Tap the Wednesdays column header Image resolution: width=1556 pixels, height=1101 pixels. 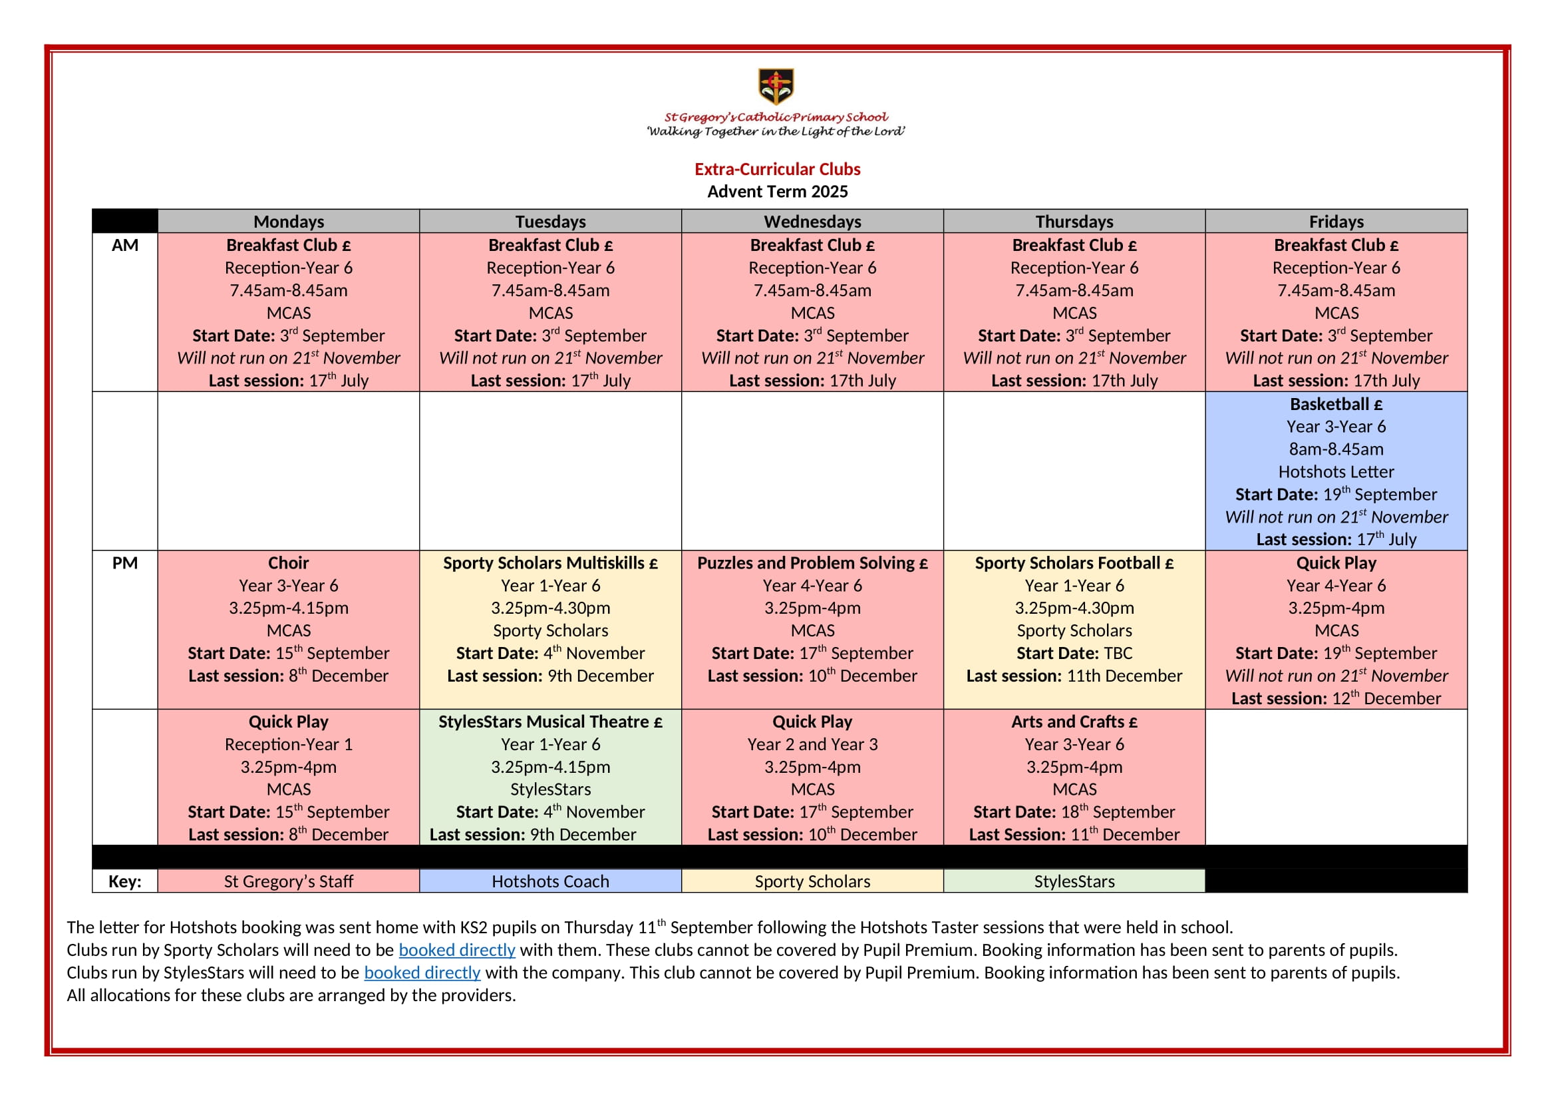pyautogui.click(x=812, y=222)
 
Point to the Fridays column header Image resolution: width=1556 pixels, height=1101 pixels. pyautogui.click(x=1336, y=222)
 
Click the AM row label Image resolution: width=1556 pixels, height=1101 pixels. pyautogui.click(x=124, y=246)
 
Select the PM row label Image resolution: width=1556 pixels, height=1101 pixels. pyautogui.click(x=124, y=563)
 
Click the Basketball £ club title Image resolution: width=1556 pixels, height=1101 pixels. pyautogui.click(x=1336, y=405)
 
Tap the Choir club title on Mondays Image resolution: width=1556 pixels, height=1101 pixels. pyautogui.click(x=288, y=563)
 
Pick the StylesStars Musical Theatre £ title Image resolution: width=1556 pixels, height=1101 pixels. pyautogui.click(x=550, y=722)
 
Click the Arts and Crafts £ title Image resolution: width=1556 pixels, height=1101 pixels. pyautogui.click(x=1074, y=722)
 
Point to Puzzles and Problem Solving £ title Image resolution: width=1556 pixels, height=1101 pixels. pyautogui.click(x=812, y=563)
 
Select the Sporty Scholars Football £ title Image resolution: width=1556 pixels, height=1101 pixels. pyautogui.click(x=1074, y=563)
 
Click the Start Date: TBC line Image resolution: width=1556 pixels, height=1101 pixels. pyautogui.click(x=1074, y=654)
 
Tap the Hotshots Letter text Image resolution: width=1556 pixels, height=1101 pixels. pyautogui.click(x=1336, y=472)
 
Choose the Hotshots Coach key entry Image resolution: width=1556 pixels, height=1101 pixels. pyautogui.click(x=550, y=881)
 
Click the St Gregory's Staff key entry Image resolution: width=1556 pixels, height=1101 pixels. pyautogui.click(x=288, y=881)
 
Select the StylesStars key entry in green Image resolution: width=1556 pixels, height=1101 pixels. pyautogui.click(x=1074, y=881)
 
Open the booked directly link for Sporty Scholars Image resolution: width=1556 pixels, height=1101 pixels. pyautogui.click(x=457, y=951)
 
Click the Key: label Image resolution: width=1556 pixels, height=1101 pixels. pyautogui.click(x=124, y=881)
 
